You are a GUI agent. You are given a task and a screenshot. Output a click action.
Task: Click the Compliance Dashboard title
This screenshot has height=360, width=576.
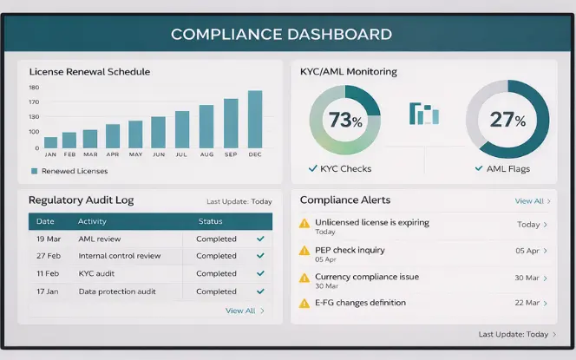281,35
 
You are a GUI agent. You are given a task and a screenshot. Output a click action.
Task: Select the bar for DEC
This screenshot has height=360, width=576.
255,120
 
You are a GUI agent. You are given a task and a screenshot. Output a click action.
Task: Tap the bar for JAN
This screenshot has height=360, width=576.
51,142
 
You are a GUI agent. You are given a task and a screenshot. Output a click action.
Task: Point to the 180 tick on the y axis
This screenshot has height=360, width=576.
34,88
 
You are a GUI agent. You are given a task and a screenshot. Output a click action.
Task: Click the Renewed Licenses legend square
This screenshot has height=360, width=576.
34,171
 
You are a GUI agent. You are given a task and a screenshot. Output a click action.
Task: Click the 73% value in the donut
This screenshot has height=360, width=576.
344,121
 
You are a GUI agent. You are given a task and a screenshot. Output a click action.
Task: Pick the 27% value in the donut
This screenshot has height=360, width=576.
507,121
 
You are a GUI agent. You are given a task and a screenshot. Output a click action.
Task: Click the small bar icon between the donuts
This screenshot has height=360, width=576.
424,114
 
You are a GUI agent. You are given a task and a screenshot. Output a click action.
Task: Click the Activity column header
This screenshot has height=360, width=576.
92,221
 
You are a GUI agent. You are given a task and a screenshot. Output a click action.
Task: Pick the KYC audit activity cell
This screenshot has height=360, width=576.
97,273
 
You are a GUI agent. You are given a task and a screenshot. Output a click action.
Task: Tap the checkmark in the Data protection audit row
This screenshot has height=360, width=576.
260,291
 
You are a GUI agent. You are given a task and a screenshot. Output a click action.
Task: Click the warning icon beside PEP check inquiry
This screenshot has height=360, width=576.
304,251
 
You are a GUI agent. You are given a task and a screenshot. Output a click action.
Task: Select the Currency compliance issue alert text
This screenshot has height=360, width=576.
367,277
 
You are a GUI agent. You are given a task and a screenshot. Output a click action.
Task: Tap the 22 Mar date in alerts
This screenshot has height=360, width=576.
527,303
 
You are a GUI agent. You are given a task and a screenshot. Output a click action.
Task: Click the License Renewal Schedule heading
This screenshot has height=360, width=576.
89,71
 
